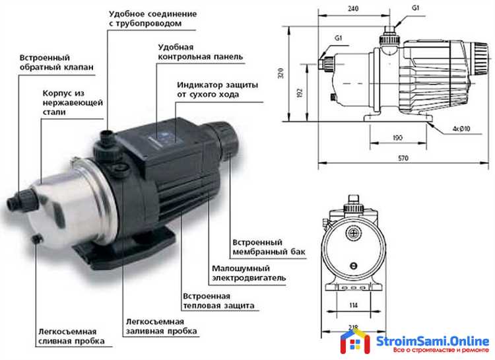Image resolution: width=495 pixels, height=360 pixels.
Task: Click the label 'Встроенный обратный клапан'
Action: coord(57,63)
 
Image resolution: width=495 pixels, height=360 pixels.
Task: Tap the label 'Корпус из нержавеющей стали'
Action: coord(73,103)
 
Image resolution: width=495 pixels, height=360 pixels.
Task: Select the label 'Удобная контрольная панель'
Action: coord(201,52)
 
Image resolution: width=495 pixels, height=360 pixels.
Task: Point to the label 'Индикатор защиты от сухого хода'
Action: coord(218,90)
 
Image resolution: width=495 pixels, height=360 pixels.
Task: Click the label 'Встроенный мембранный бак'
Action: coord(269,247)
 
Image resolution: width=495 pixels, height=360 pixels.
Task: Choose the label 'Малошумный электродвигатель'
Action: coord(249,273)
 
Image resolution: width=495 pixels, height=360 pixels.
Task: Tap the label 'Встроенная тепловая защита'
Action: coord(218,301)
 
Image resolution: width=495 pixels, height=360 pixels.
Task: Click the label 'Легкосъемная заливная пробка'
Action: coord(161,326)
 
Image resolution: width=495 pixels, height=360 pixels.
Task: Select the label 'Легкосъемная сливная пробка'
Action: coord(71,336)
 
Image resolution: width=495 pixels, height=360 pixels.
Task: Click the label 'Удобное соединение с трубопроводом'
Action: coord(153,18)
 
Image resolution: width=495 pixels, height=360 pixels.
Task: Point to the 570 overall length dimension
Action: coord(403,158)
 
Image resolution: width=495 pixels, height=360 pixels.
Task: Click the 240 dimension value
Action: coord(353,9)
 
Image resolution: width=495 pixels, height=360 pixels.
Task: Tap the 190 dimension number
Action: coord(397,138)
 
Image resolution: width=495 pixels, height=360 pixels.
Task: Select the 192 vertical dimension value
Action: coord(300,92)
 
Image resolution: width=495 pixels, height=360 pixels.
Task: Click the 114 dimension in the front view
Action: coord(354,305)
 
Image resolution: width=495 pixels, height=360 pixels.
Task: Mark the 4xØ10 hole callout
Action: coord(461,129)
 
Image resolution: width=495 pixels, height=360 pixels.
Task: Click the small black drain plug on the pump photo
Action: coord(37,238)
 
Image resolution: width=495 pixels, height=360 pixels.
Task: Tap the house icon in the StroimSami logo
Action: coord(355,341)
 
